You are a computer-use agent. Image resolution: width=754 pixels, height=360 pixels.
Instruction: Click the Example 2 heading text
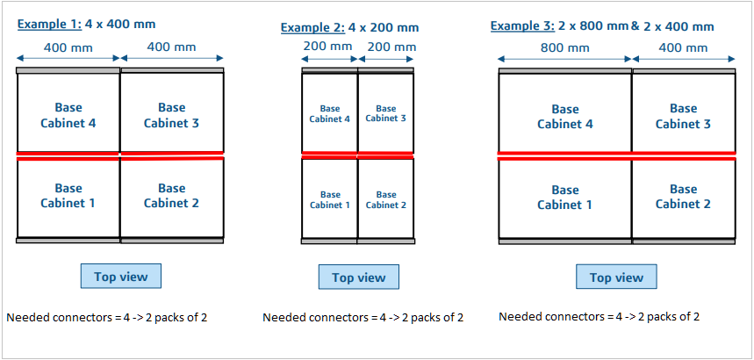(x=349, y=27)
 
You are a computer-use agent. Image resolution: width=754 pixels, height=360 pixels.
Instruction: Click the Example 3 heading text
(x=602, y=26)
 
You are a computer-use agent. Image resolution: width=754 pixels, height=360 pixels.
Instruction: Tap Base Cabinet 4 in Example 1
(x=68, y=115)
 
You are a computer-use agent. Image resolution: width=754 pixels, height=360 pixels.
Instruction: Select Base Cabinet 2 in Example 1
(x=171, y=196)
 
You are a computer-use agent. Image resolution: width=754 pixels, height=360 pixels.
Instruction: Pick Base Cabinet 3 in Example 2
(x=385, y=114)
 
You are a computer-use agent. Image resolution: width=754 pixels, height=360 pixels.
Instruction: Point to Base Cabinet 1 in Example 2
(x=330, y=199)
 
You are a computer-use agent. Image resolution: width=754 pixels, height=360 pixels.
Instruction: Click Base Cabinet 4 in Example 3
(x=564, y=117)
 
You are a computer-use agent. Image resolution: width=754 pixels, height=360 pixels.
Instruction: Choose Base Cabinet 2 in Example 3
(x=683, y=197)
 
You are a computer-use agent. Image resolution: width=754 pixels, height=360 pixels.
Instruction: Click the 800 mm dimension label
(x=565, y=47)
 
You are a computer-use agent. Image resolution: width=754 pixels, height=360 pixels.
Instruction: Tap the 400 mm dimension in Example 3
(x=683, y=47)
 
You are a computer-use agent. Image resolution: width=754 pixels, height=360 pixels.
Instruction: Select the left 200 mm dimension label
(x=329, y=47)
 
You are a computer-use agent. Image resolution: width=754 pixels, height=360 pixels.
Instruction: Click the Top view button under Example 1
(x=121, y=276)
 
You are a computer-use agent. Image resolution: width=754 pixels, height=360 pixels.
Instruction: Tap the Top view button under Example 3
(x=616, y=277)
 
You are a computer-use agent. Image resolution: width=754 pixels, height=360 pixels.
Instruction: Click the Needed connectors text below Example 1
(x=106, y=317)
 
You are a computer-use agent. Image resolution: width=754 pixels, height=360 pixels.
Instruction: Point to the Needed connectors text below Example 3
(x=599, y=316)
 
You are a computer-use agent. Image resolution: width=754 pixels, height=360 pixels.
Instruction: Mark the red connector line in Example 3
(x=616, y=155)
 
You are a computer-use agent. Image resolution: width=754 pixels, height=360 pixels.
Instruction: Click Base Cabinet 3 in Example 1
(x=171, y=115)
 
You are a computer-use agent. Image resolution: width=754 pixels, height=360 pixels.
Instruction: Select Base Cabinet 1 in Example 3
(x=564, y=197)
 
